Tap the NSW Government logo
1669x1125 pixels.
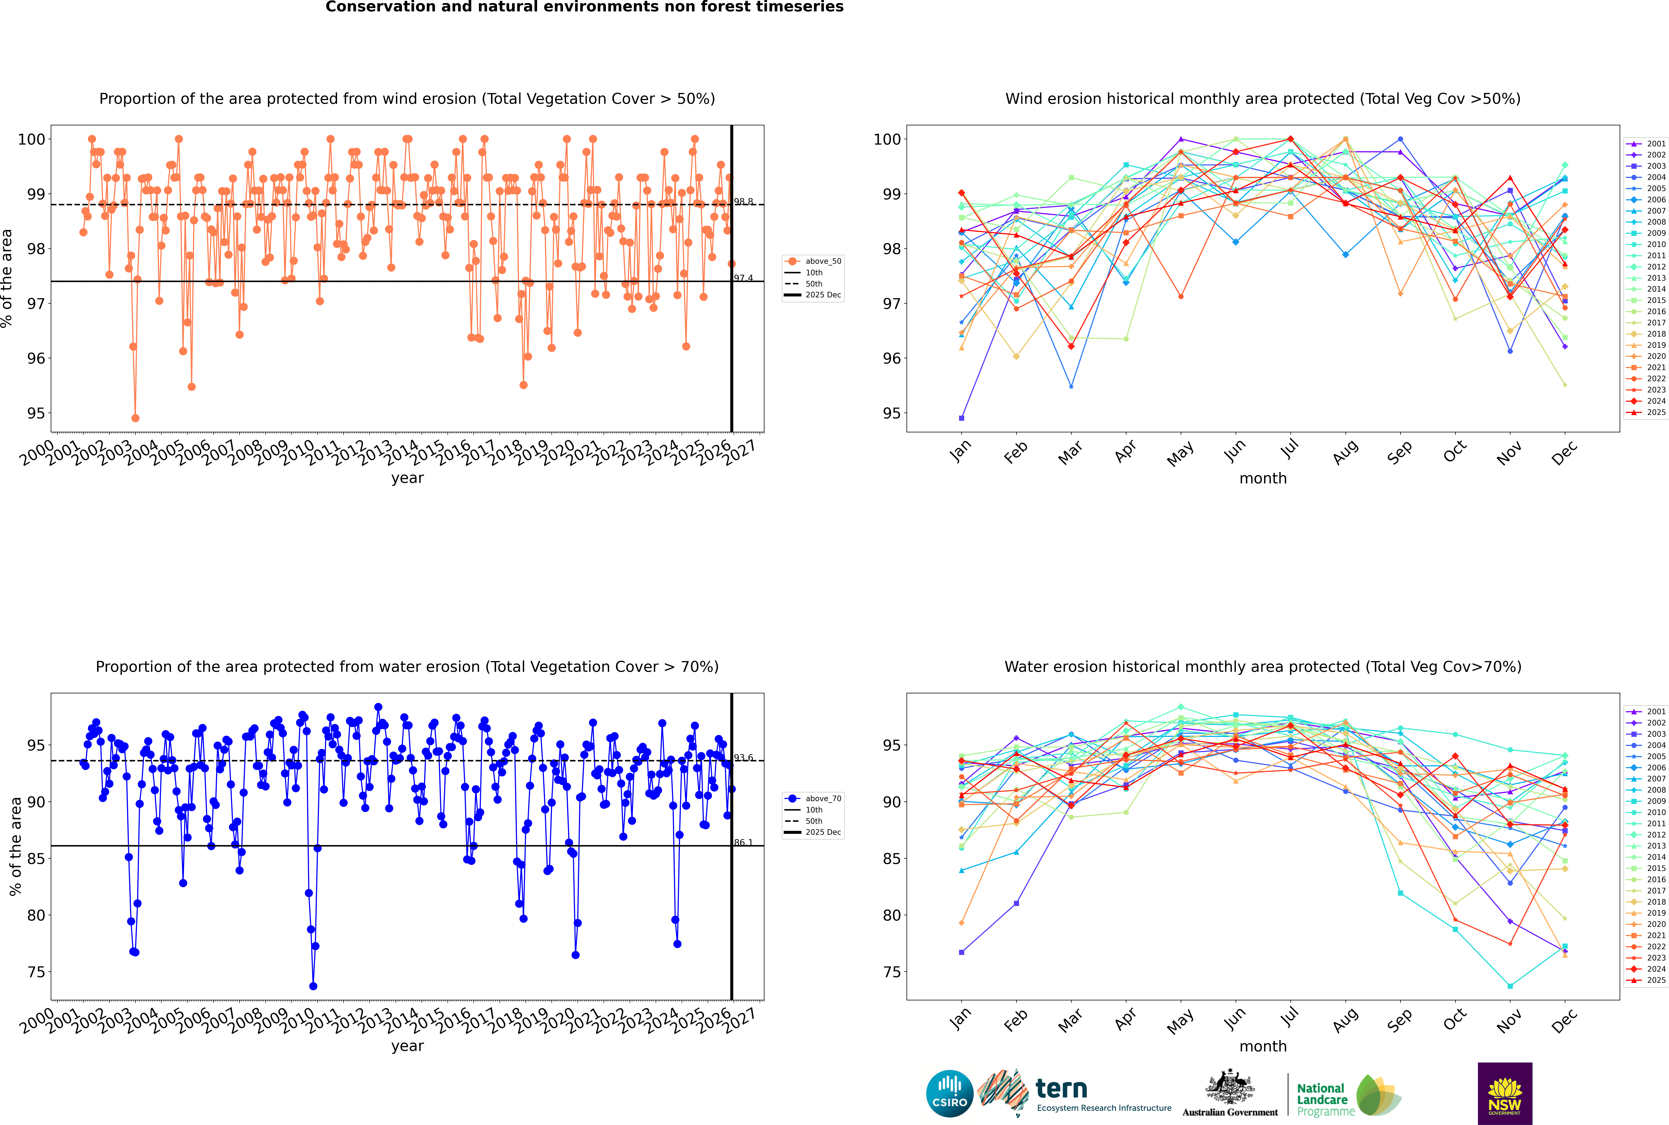click(1505, 1093)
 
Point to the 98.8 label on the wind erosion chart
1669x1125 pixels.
click(743, 202)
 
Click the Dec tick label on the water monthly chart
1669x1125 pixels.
click(1564, 1019)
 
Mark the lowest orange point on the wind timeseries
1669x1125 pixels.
click(136, 418)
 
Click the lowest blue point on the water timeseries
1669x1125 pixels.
click(313, 986)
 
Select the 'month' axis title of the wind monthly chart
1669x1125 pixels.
click(1263, 479)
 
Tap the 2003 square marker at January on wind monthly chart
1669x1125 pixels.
click(962, 418)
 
